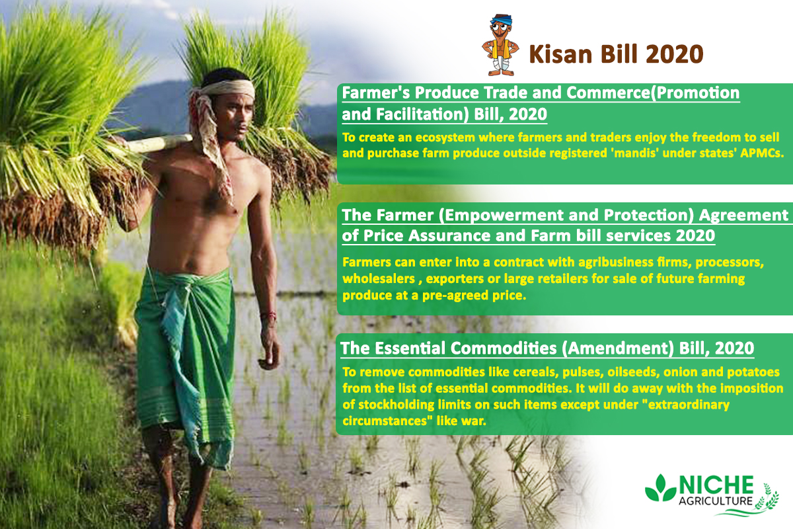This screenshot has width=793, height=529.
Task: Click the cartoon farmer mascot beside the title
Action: [x=500, y=45]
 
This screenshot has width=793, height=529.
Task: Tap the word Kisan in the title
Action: [x=560, y=54]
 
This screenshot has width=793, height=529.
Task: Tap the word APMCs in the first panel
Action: [x=762, y=153]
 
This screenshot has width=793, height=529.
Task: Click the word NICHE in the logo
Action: [x=716, y=485]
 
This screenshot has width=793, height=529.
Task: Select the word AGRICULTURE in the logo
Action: [x=715, y=501]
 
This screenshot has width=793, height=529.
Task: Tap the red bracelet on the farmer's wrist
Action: [x=268, y=315]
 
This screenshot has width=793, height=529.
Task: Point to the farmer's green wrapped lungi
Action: [x=185, y=362]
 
